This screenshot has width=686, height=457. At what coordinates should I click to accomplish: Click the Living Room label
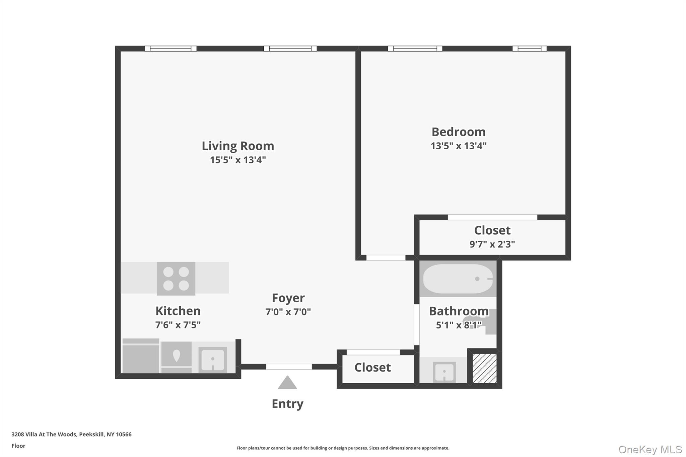[x=238, y=146]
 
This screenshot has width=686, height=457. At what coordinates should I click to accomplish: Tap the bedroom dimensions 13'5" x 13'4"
[x=458, y=146]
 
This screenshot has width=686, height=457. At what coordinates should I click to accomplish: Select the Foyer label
[x=288, y=298]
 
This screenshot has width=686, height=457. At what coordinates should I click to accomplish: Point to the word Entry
[x=287, y=404]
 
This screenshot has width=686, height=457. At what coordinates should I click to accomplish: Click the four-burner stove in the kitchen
[x=176, y=279]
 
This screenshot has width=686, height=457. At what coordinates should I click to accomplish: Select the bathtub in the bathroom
[x=458, y=279]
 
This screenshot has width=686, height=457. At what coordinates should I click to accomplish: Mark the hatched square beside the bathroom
[x=484, y=368]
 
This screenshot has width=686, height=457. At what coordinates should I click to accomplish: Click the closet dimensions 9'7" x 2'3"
[x=492, y=244]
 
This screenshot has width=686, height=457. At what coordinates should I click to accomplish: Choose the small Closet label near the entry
[x=372, y=368]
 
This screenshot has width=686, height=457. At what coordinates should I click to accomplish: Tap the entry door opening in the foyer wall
[x=289, y=367]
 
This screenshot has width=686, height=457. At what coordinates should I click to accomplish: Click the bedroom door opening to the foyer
[x=386, y=257]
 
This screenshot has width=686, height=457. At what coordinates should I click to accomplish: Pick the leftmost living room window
[x=170, y=49]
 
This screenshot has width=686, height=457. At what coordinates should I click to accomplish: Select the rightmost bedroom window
[x=529, y=49]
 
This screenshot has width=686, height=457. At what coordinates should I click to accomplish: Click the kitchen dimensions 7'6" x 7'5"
[x=178, y=325]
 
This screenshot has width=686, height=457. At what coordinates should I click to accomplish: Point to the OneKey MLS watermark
[x=650, y=449]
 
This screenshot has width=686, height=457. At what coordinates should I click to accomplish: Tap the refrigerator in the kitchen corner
[x=141, y=356]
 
